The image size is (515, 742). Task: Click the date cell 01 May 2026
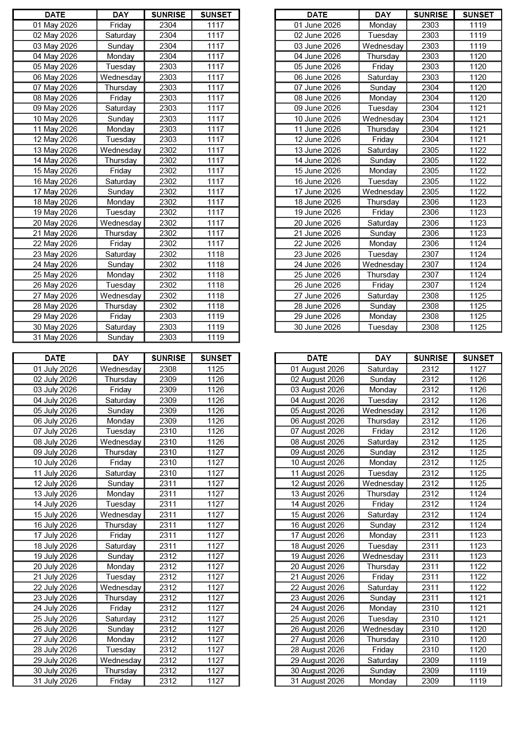55,25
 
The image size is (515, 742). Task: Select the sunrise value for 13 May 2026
168,150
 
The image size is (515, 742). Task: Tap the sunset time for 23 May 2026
215,254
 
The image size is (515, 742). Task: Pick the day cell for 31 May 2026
121,337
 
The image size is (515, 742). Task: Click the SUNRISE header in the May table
168,15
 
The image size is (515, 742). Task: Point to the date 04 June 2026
317,56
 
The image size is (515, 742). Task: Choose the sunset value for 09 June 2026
478,108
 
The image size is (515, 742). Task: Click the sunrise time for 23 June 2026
430,254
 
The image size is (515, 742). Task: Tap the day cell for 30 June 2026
383,327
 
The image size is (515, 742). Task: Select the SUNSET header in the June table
478,15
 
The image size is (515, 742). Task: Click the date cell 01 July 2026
55,369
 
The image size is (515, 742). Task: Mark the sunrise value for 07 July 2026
168,431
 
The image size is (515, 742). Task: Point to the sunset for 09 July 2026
215,452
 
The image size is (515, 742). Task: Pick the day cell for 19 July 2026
121,556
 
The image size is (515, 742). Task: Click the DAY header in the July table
121,358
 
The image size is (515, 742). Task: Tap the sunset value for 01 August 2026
478,369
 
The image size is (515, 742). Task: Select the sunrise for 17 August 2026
430,535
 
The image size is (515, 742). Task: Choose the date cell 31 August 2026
317,681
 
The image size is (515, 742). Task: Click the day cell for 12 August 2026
383,484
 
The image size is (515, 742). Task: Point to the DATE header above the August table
317,358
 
